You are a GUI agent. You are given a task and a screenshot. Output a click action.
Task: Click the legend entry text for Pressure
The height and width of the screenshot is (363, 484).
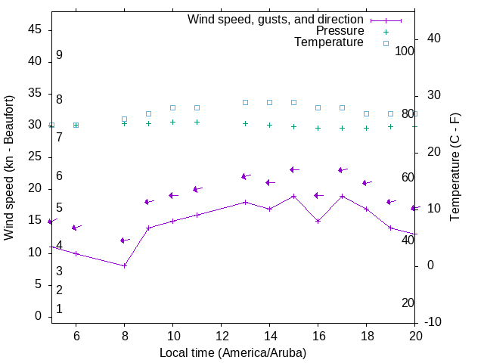coord(340,31)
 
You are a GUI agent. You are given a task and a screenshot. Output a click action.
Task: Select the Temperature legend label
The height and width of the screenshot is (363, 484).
coord(329,42)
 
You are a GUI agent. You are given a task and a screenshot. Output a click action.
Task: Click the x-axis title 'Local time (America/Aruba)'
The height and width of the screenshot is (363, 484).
coord(233,352)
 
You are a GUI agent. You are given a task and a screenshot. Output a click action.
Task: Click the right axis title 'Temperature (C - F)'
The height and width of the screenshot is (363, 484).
coord(455,168)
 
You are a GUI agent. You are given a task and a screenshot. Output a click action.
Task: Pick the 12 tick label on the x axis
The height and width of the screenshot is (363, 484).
coord(222,336)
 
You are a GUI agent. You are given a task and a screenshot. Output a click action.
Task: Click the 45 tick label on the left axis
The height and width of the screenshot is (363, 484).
coord(34,30)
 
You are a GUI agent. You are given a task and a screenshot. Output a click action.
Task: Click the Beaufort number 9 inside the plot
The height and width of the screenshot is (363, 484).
coord(59,55)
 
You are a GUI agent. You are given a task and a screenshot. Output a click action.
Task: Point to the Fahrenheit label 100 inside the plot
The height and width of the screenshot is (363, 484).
coord(405,51)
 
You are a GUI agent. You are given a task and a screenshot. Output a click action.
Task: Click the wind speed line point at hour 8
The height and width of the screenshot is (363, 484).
coord(125,265)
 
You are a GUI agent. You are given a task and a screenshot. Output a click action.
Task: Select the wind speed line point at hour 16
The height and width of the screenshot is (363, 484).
coord(318,221)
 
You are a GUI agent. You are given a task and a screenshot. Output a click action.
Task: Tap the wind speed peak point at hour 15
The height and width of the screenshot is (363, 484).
coord(294,196)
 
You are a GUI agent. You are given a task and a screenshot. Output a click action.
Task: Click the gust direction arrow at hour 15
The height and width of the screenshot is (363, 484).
coord(294,170)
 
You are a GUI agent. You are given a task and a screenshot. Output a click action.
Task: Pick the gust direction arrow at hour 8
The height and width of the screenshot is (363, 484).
coord(125,240)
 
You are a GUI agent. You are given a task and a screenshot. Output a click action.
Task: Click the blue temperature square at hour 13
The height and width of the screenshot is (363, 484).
coord(246,102)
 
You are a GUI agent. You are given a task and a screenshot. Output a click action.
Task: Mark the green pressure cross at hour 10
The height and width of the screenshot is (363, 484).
coord(173,122)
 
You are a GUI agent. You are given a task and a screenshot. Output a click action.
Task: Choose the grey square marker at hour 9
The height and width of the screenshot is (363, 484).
coord(149,113)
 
